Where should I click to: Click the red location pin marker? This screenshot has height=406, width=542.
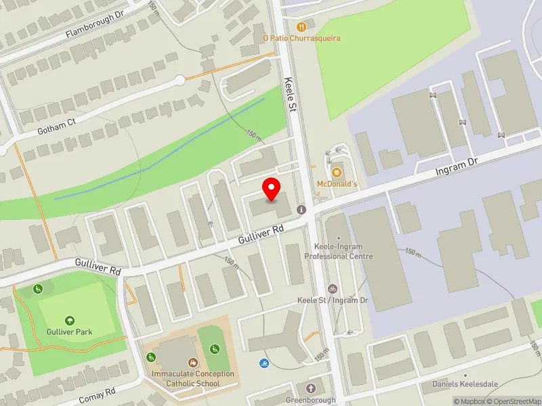pos(272,189)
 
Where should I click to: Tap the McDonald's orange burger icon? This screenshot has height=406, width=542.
pos(337,171)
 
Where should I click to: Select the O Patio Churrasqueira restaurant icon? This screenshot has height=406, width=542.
pos(301,27)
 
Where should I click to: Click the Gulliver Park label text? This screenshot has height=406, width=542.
pos(70,332)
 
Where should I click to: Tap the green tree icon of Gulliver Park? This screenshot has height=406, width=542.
pos(70,321)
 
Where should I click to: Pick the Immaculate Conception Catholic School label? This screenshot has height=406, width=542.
pos(193,379)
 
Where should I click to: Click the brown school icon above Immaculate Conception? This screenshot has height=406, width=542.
pos(193,363)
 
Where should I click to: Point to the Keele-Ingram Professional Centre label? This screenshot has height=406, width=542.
pos(339,252)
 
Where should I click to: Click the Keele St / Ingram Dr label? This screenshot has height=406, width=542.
pos(332,300)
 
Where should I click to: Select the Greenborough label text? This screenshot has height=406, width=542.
pos(311,400)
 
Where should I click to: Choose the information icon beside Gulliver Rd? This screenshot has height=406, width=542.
pos(301,210)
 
